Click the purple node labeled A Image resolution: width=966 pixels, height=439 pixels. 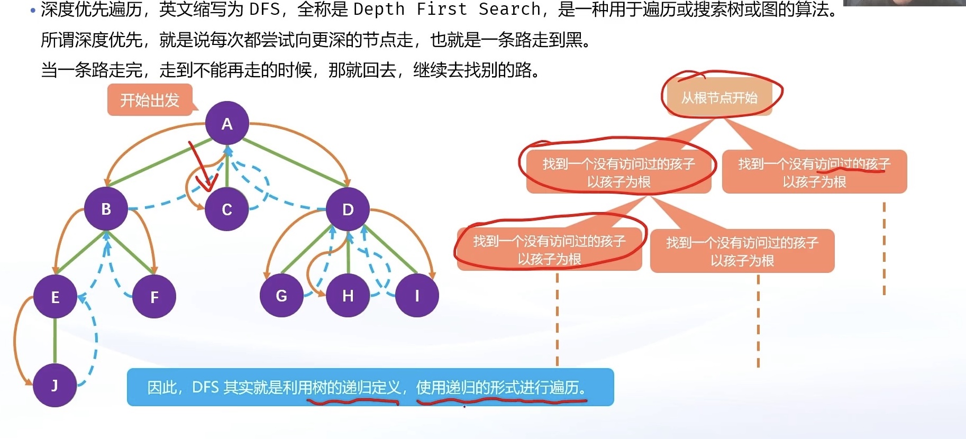227,123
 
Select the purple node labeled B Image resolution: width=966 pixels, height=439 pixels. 106,208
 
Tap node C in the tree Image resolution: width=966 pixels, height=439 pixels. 227,209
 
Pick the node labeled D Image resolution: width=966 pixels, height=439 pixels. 348,209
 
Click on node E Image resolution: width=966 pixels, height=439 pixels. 55,297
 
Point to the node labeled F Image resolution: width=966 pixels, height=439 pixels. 154,297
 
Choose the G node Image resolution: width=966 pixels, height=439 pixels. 281,296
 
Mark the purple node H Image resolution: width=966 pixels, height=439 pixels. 348,296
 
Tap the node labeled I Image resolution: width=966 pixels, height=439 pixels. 417,296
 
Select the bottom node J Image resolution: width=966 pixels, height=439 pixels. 55,385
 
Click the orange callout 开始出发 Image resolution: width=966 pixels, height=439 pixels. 150,100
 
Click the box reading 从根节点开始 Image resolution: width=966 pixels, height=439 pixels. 719,98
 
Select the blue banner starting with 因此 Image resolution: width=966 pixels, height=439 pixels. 370,387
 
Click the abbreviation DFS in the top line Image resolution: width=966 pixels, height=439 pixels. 265,9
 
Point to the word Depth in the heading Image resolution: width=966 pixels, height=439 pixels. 379,9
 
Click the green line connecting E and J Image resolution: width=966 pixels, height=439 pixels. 55,341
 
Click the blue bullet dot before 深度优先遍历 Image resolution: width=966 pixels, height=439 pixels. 33,10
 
